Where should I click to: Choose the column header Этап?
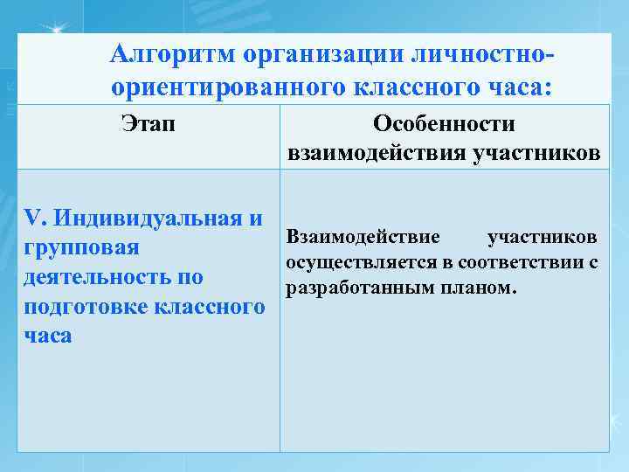[148, 123]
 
